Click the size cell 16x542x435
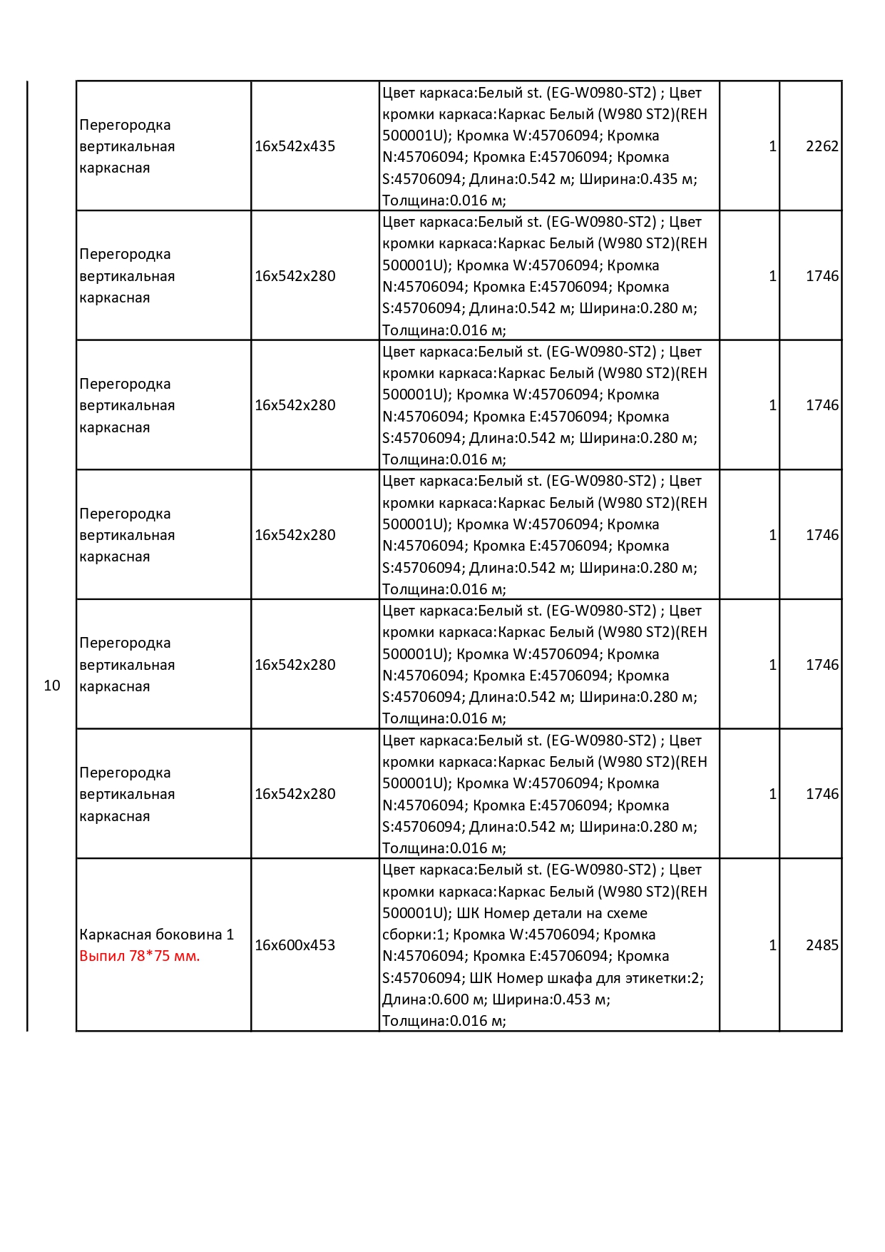tap(295, 146)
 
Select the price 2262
tap(822, 146)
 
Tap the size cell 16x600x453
tap(295, 945)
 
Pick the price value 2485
tap(822, 945)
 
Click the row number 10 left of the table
tap(52, 686)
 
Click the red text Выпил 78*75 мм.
tap(140, 956)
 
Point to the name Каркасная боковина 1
tap(156, 935)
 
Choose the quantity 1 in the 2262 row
tap(772, 146)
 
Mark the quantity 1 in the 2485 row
tap(772, 945)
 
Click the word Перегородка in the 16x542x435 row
tap(125, 125)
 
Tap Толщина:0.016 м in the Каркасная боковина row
tap(444, 1021)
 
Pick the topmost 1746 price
tap(822, 276)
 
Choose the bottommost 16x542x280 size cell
tap(295, 794)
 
